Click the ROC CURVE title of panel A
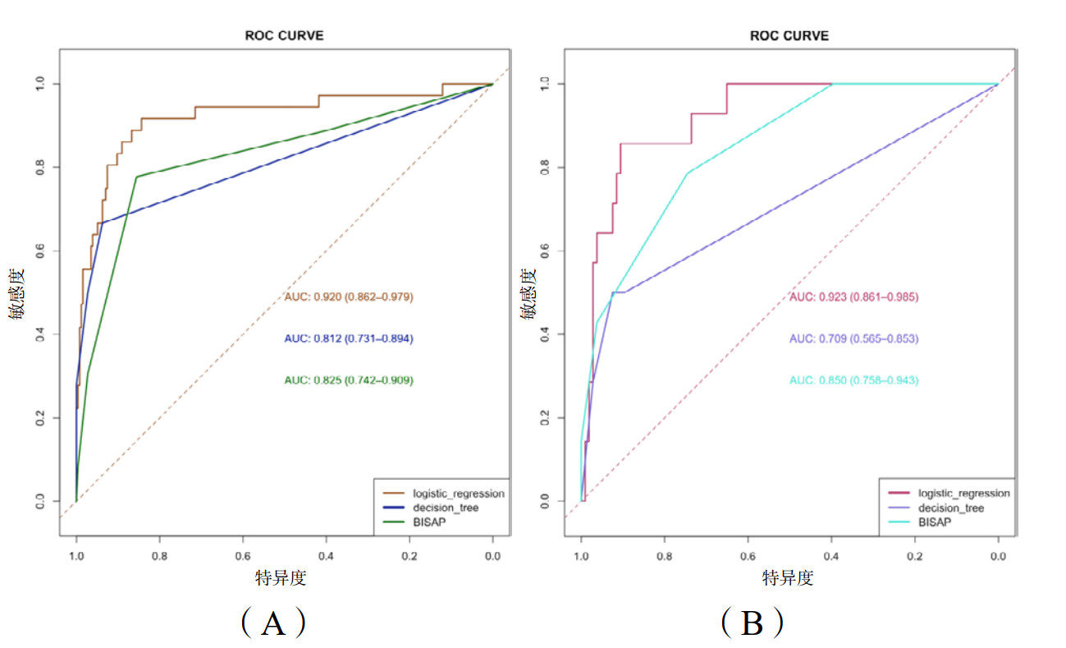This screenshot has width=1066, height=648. point(284,36)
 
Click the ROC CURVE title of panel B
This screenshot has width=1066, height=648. point(789,36)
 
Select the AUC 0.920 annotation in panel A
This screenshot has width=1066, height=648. point(348,296)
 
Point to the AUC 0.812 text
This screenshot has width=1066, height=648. point(348,338)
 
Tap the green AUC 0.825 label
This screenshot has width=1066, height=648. point(348,380)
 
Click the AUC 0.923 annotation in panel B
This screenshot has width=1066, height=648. point(853,296)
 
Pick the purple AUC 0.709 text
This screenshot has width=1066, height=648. point(853,338)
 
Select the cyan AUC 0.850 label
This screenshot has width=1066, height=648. point(853,380)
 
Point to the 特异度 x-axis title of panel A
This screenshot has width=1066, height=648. point(281,578)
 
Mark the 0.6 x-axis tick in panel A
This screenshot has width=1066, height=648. point(243,557)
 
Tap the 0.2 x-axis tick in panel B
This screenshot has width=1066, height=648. point(915,557)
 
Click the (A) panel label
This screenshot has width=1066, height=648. point(273,624)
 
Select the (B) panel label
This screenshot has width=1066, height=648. point(752,624)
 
